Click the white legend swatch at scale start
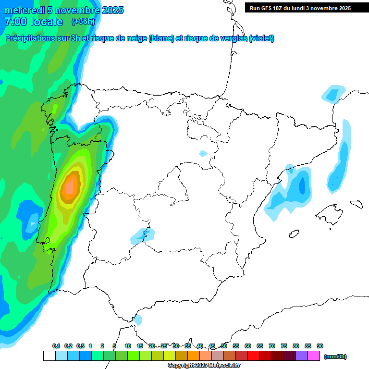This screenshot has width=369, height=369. point(49,356)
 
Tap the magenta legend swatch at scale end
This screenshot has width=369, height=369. point(314,356)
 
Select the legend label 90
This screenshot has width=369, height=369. point(320,346)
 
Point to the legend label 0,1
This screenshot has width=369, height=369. point(56,346)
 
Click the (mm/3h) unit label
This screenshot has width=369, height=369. point(335,357)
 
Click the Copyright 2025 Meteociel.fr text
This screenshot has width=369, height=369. point(204,366)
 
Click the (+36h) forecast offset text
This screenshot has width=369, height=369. point(83,21)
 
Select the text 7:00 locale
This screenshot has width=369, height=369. point(34,22)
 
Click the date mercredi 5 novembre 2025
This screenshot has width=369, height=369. point(64,10)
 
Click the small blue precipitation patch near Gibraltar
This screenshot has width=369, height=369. point(138,320)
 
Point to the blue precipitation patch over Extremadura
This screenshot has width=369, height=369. point(143,235)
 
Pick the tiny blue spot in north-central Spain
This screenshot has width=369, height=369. point(203,154)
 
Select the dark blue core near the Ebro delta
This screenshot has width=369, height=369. point(302,184)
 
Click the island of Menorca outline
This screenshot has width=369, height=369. point(356,204)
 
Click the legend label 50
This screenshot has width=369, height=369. point(224,346)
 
